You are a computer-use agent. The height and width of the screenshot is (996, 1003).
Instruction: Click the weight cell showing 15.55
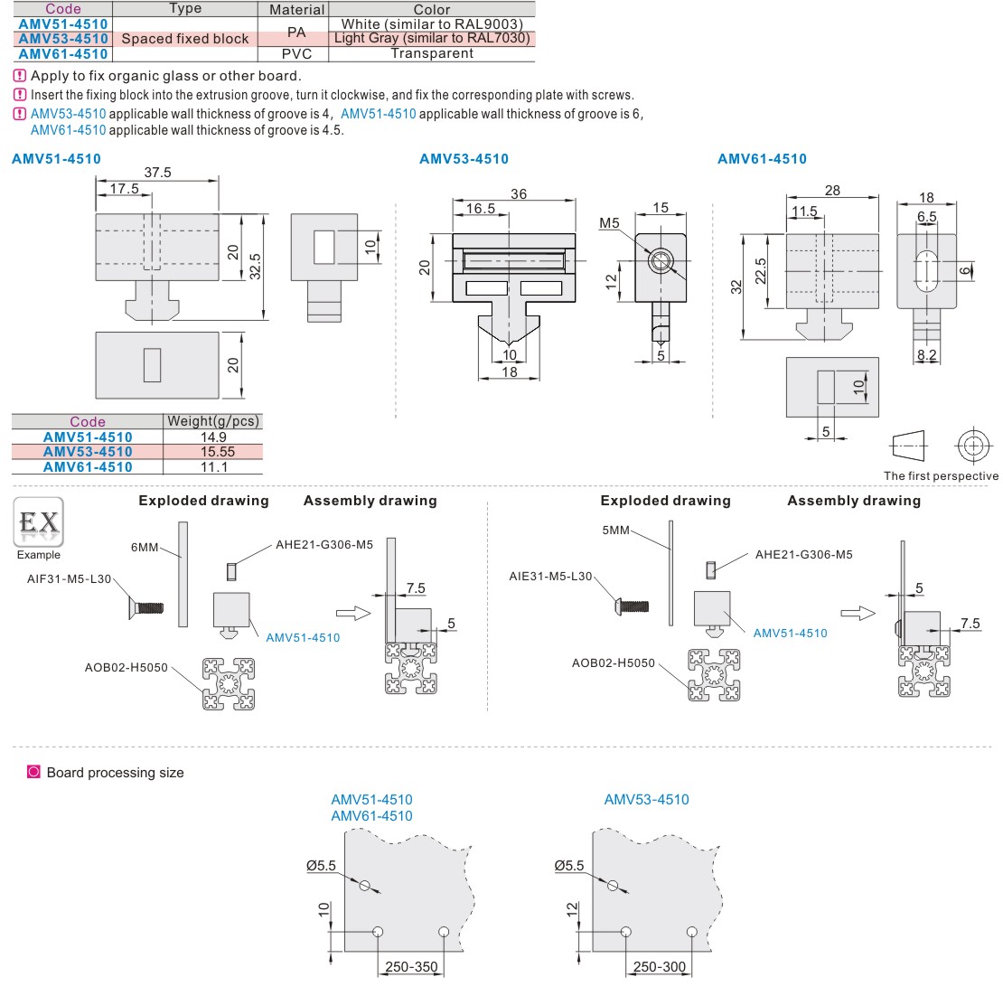coord(213,452)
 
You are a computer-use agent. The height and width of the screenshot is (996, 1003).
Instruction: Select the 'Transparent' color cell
coord(431,53)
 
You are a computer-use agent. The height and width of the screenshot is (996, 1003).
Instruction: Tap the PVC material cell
coord(296,53)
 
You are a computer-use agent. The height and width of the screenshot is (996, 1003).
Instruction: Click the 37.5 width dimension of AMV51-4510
coord(157,172)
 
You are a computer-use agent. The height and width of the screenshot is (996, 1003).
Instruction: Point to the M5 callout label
coord(609,223)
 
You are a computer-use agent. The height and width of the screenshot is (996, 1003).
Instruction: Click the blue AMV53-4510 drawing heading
coord(464,159)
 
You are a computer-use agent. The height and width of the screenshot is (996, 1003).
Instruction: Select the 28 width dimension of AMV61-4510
coord(832,190)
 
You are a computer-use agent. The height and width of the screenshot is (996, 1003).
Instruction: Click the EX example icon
coord(38,523)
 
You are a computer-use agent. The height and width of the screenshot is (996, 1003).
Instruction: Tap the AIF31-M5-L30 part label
coord(69,578)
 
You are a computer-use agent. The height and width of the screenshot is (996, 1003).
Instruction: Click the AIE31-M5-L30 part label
coord(550,576)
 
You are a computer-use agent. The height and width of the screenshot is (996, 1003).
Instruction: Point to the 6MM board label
coord(145,548)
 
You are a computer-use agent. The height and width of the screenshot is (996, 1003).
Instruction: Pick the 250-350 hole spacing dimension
coord(411,967)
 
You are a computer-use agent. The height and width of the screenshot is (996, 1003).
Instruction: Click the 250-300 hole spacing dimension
coord(659,967)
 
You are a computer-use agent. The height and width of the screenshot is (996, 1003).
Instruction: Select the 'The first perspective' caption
coord(941,475)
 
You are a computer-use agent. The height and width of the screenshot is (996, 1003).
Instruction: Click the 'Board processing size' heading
coord(115,773)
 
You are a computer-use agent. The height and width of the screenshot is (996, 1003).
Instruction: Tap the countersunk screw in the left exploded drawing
coord(145,608)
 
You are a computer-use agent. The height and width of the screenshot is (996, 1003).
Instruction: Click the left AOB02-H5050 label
coord(126,668)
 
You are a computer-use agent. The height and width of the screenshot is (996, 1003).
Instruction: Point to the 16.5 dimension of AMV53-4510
coord(480,209)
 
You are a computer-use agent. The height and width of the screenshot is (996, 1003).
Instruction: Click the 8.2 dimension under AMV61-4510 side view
coord(926,355)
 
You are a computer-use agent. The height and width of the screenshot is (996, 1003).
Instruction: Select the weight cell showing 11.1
coord(213,467)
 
